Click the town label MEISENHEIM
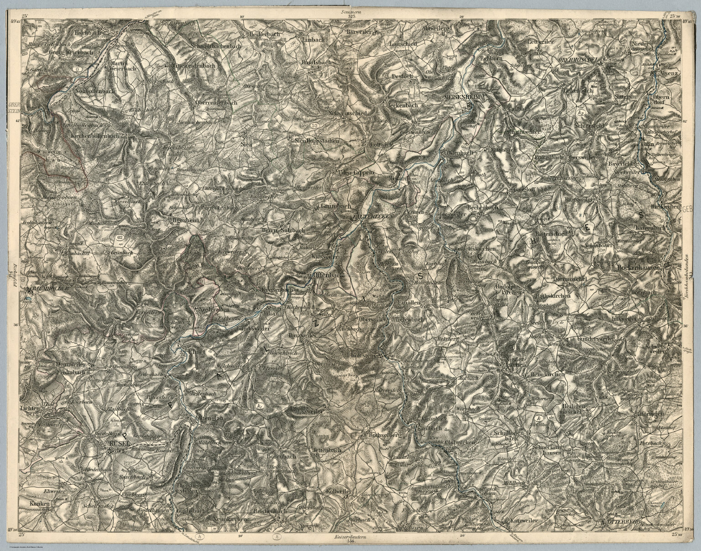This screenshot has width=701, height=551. pyautogui.click(x=466, y=97)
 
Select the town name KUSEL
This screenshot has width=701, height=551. pyautogui.click(x=118, y=443)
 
